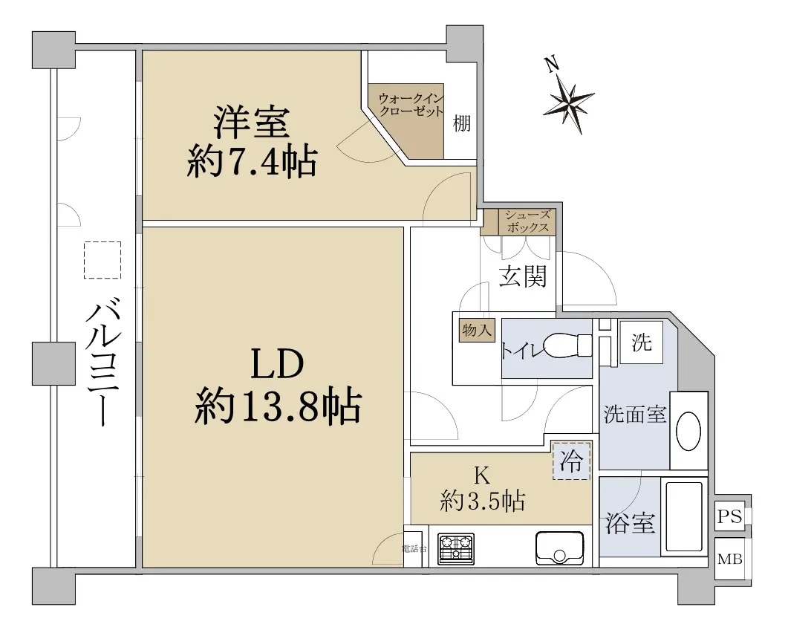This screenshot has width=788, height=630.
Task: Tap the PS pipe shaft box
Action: [730, 516]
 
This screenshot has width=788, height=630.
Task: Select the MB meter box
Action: [730, 559]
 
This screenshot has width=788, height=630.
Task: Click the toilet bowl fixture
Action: [568, 346]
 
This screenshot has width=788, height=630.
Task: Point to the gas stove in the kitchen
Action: [456, 548]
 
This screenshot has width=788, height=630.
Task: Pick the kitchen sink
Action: [559, 548]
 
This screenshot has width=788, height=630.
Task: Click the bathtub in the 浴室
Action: [683, 517]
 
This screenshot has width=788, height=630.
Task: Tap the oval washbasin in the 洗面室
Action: [688, 432]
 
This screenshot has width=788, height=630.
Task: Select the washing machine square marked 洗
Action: [641, 342]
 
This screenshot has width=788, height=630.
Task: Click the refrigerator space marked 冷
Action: [571, 461]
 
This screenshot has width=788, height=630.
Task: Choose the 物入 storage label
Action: [476, 331]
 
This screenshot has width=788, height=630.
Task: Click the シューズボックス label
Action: [527, 221]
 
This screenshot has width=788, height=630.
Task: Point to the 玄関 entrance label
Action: [523, 276]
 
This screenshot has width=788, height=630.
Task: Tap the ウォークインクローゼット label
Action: [411, 105]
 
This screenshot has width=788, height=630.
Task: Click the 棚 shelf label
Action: [462, 123]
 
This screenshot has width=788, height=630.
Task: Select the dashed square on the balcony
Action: [102, 260]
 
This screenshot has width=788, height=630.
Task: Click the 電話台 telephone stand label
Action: [414, 548]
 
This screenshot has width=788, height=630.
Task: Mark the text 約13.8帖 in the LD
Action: [278, 406]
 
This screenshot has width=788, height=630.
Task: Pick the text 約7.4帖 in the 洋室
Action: [252, 161]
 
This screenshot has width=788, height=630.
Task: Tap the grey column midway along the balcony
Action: [53, 363]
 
